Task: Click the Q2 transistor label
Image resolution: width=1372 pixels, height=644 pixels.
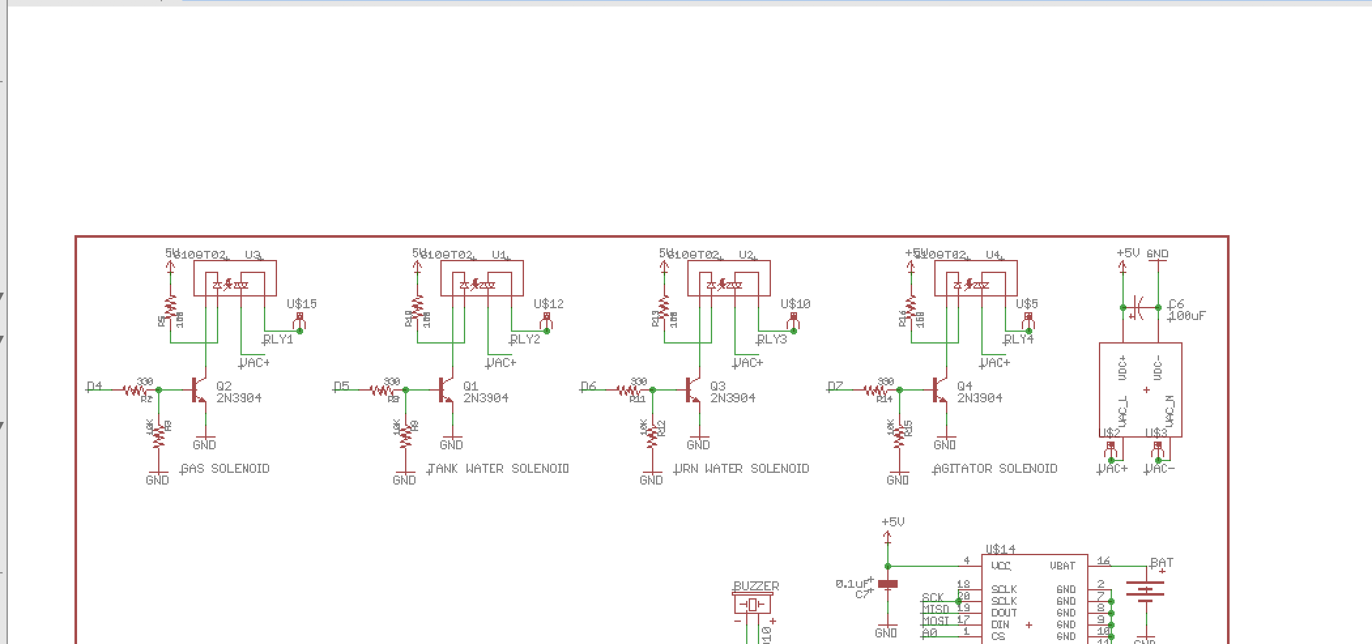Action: click(x=223, y=386)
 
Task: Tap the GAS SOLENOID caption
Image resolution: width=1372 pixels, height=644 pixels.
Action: click(x=225, y=468)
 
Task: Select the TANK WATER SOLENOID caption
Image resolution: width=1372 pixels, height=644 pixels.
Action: click(x=498, y=468)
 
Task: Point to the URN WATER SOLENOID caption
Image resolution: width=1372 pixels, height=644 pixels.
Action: click(x=742, y=468)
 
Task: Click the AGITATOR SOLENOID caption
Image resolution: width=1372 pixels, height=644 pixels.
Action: click(x=996, y=468)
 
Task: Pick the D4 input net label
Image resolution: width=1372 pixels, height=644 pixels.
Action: click(x=95, y=386)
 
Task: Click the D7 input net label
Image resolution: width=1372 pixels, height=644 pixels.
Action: click(x=836, y=386)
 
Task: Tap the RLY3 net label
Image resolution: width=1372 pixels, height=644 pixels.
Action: click(x=772, y=339)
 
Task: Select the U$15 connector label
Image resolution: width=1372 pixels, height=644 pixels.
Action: click(x=302, y=304)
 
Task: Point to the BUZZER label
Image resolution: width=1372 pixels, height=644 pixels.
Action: click(x=756, y=586)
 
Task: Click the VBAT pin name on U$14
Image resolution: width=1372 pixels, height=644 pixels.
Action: click(x=1062, y=566)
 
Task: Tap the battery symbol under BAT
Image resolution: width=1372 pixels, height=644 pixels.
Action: click(x=1146, y=591)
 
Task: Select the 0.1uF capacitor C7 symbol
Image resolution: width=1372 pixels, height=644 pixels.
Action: click(x=887, y=584)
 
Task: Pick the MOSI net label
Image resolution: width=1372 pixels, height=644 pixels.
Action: click(x=935, y=620)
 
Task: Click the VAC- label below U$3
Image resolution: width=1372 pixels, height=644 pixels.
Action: click(x=1160, y=468)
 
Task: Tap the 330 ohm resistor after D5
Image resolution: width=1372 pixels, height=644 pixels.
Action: click(x=382, y=390)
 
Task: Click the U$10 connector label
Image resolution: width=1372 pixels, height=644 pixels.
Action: click(x=795, y=304)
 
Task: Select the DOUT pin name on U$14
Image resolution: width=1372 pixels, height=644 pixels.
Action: click(x=1004, y=613)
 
